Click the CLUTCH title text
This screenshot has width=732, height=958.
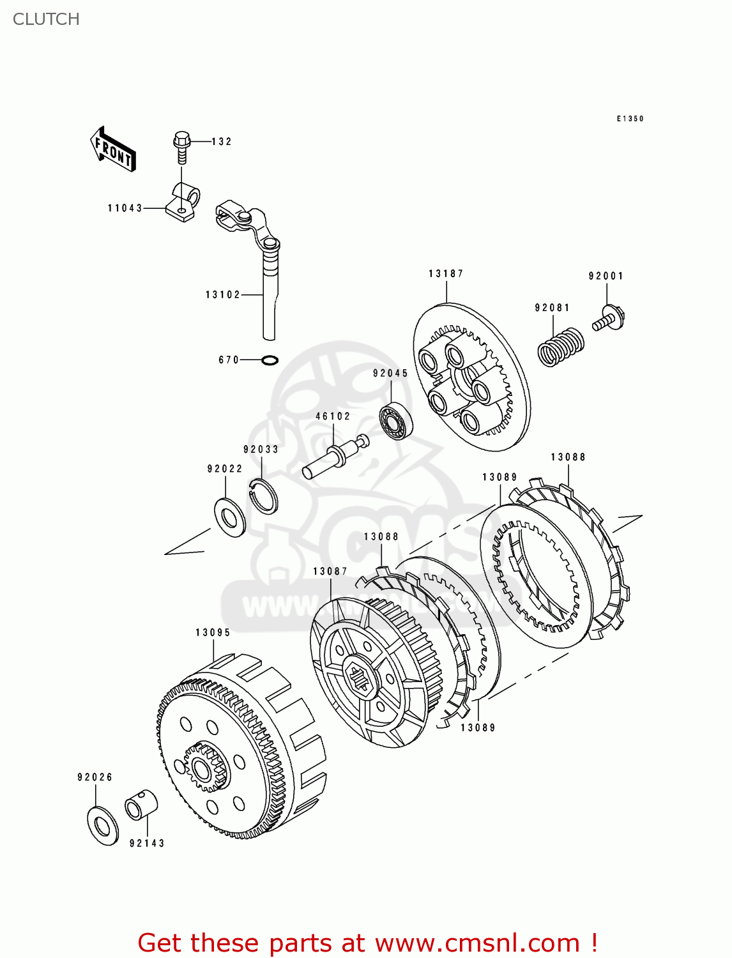pyautogui.click(x=46, y=19)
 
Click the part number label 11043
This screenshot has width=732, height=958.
pyautogui.click(x=125, y=208)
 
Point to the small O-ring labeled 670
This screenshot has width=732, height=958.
pyautogui.click(x=270, y=361)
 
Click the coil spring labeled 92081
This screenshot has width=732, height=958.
pyautogui.click(x=560, y=347)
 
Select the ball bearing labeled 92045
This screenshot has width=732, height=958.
pyautogui.click(x=396, y=422)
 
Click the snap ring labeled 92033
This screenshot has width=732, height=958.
pyautogui.click(x=263, y=496)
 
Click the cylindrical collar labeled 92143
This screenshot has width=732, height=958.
pyautogui.click(x=141, y=805)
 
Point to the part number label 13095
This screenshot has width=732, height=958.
pyautogui.click(x=213, y=633)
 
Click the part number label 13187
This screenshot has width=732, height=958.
pyautogui.click(x=446, y=274)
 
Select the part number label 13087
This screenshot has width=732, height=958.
pyautogui.click(x=330, y=572)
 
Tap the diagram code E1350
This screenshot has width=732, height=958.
pyautogui.click(x=630, y=119)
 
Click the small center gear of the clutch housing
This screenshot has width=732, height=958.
pyautogui.click(x=206, y=766)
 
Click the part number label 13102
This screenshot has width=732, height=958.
pyautogui.click(x=223, y=295)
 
